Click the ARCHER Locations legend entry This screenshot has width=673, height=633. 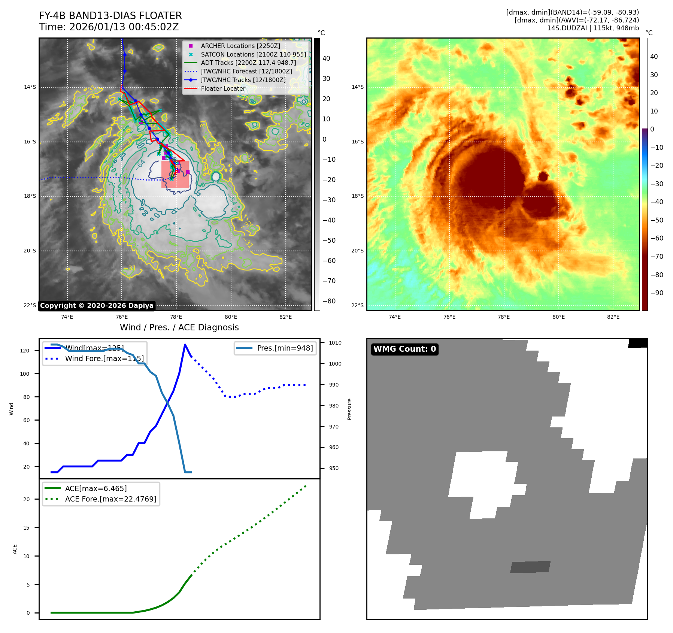240,46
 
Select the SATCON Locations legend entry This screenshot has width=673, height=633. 253,54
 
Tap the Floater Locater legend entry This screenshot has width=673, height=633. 223,89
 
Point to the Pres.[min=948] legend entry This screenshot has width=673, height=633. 285,348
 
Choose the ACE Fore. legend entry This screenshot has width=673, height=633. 110,499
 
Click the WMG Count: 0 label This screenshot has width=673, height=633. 404,349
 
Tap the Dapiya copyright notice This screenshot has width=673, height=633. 97,306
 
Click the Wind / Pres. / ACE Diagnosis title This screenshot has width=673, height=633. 179,327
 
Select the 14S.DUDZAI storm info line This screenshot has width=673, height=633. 593,28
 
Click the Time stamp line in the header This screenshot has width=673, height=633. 109,27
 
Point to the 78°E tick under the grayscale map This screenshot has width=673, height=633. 176,317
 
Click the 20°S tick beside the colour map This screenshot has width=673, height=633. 357,251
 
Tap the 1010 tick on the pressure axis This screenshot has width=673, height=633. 335,343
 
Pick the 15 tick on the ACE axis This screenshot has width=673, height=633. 27,527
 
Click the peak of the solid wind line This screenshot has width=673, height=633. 185,345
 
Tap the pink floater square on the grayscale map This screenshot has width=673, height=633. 175,174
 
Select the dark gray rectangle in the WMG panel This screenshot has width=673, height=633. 530,567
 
